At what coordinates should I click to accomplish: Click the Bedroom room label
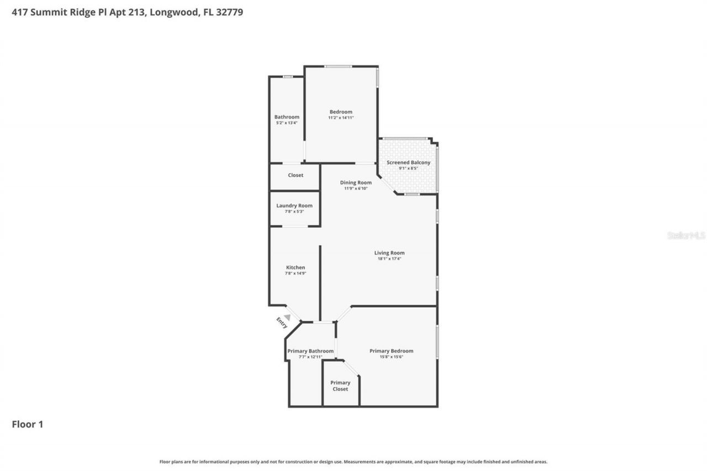(x=340, y=112)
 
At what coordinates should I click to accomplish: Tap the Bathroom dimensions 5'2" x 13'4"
(x=287, y=123)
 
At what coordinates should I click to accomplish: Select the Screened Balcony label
(x=408, y=162)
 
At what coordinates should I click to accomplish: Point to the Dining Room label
(x=356, y=182)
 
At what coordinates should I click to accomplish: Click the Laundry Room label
(x=294, y=205)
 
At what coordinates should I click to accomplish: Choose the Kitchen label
(x=295, y=267)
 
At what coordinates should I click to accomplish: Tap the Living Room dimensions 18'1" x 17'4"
(x=389, y=258)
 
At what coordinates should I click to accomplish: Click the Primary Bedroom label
(x=391, y=351)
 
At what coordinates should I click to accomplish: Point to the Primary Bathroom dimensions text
(x=310, y=357)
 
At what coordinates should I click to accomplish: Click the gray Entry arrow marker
(x=287, y=317)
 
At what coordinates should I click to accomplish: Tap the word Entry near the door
(x=282, y=322)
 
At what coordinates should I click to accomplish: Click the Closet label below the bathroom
(x=296, y=175)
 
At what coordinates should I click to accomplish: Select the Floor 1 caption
(x=27, y=424)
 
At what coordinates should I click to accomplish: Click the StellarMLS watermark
(x=686, y=235)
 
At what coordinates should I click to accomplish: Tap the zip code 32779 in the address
(x=229, y=12)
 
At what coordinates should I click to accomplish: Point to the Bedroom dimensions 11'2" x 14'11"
(x=340, y=118)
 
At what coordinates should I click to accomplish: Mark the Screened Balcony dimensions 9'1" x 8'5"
(x=408, y=168)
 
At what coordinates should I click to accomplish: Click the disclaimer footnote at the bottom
(x=353, y=462)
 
